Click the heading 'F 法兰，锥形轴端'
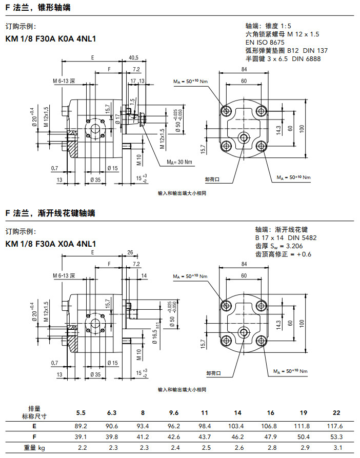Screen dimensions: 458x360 coord(38,8)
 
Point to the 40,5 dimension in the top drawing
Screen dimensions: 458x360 coord(134,57)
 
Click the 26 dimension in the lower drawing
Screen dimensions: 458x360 coord(130,252)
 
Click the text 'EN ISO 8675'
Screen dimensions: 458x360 coord(265,42)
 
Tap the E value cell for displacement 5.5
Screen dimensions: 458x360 coord(82,426)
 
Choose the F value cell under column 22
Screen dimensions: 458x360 coord(336,437)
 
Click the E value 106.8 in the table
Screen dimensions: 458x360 coord(270,426)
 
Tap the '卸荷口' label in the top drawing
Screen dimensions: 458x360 coord(212,179)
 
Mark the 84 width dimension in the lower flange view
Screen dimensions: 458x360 coord(243,264)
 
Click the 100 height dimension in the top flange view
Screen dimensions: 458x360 coord(302,128)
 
